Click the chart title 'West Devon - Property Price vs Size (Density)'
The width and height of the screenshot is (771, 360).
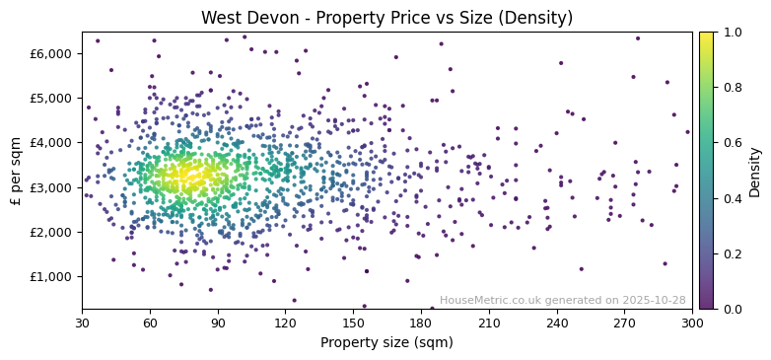(x=386, y=18)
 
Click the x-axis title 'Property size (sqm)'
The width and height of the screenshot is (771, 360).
(x=386, y=342)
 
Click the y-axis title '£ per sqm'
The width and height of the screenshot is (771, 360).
(x=16, y=171)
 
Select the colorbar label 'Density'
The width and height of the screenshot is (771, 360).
(x=754, y=171)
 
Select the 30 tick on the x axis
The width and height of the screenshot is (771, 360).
(x=82, y=322)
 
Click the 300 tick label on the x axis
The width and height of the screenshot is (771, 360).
(x=692, y=322)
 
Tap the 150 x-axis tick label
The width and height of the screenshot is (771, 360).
(x=353, y=322)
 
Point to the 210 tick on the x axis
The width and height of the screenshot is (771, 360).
(x=489, y=322)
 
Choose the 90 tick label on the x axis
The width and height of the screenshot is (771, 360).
(x=218, y=322)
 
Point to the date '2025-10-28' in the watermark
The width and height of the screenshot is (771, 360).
(x=656, y=300)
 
